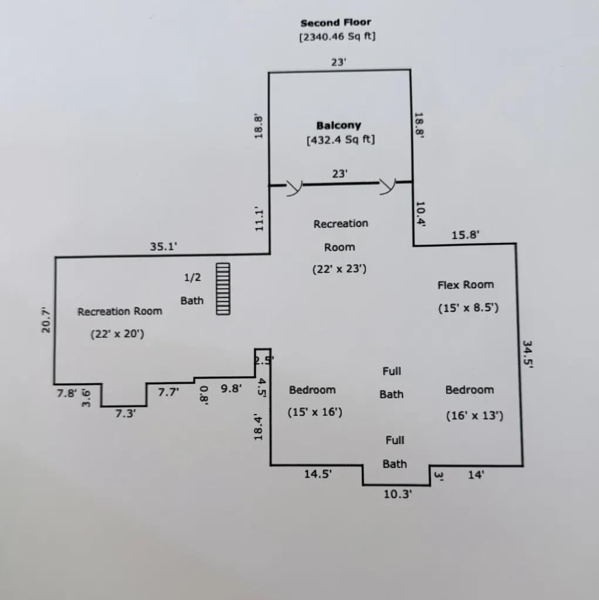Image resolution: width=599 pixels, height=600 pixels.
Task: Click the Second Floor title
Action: tap(336, 23)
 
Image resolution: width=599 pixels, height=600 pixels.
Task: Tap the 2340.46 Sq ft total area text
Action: tap(337, 37)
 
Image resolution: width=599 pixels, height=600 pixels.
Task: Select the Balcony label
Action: tap(339, 125)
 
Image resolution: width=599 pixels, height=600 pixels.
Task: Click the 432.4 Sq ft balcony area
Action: tap(341, 139)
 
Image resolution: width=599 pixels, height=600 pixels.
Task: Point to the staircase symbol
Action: tap(223, 289)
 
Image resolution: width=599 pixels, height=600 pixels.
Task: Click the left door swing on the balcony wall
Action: tap(295, 187)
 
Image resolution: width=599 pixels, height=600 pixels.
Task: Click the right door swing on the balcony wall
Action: tap(387, 186)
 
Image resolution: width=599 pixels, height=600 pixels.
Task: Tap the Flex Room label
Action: tap(466, 285)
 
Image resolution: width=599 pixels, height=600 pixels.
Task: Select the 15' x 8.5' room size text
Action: tap(468, 308)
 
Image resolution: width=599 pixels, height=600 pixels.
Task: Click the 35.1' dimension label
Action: tap(164, 247)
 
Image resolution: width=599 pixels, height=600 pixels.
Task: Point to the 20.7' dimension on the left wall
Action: tap(46, 320)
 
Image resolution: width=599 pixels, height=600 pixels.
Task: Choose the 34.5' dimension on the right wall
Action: tap(527, 354)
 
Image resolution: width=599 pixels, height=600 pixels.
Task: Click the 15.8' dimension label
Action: tap(465, 235)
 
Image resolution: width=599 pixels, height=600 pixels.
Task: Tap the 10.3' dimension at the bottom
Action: tap(398, 495)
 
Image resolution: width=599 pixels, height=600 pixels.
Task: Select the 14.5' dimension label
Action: tap(318, 475)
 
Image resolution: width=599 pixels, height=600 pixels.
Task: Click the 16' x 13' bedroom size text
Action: tap(475, 416)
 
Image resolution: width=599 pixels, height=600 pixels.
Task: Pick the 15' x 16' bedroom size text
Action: tap(315, 412)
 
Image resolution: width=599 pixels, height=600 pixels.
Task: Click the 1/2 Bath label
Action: tap(192, 289)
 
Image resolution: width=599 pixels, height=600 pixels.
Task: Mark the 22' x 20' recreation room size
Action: tap(117, 335)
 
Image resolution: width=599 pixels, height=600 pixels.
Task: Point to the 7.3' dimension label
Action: tap(126, 414)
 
